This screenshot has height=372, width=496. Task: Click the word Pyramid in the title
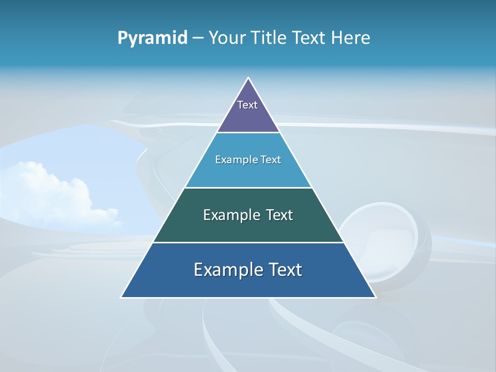(x=152, y=38)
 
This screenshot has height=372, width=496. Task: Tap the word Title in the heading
(x=269, y=38)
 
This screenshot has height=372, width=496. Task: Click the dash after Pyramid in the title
(x=198, y=38)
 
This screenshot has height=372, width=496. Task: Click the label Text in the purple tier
(x=247, y=105)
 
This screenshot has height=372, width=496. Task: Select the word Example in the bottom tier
(x=226, y=270)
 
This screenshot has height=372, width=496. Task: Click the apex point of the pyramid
(x=249, y=79)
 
